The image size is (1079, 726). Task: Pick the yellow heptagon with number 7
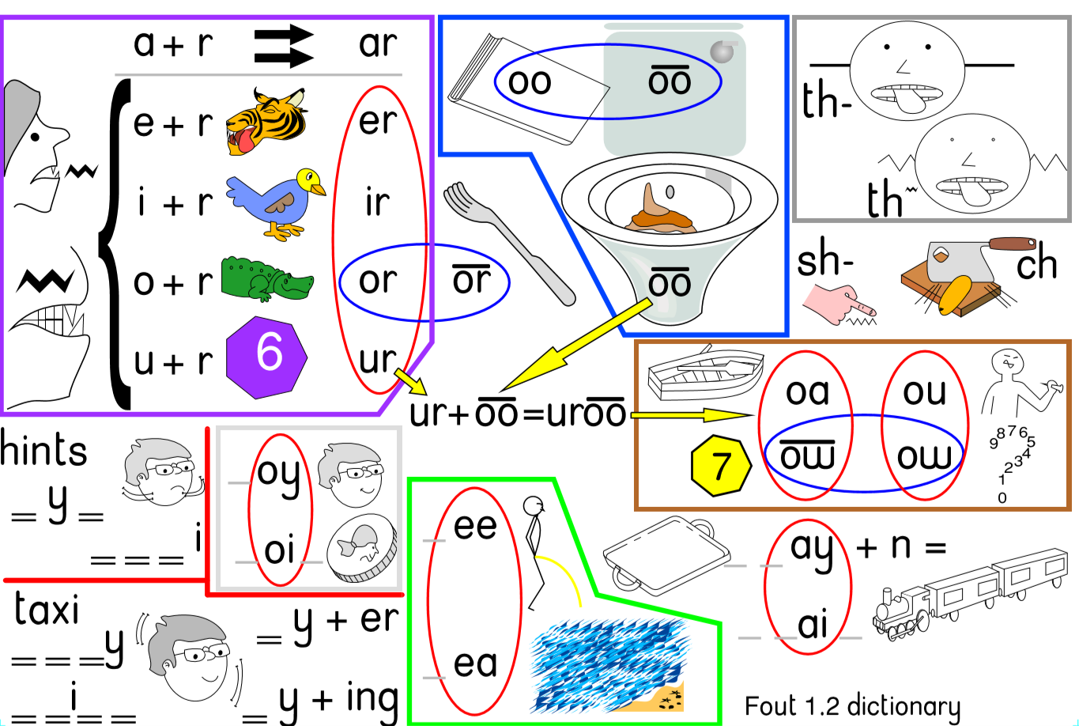(x=719, y=467)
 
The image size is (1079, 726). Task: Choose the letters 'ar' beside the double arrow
(x=376, y=43)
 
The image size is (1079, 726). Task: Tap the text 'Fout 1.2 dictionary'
(x=852, y=705)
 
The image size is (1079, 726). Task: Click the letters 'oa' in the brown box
(x=807, y=392)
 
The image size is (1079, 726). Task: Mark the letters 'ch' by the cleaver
(x=1036, y=265)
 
